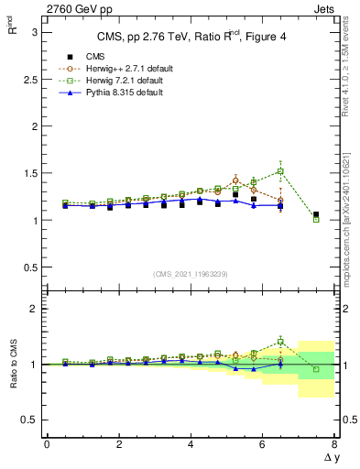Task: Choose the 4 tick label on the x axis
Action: point(191,444)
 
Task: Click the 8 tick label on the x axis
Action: point(334,444)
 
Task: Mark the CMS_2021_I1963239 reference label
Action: point(190,274)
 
